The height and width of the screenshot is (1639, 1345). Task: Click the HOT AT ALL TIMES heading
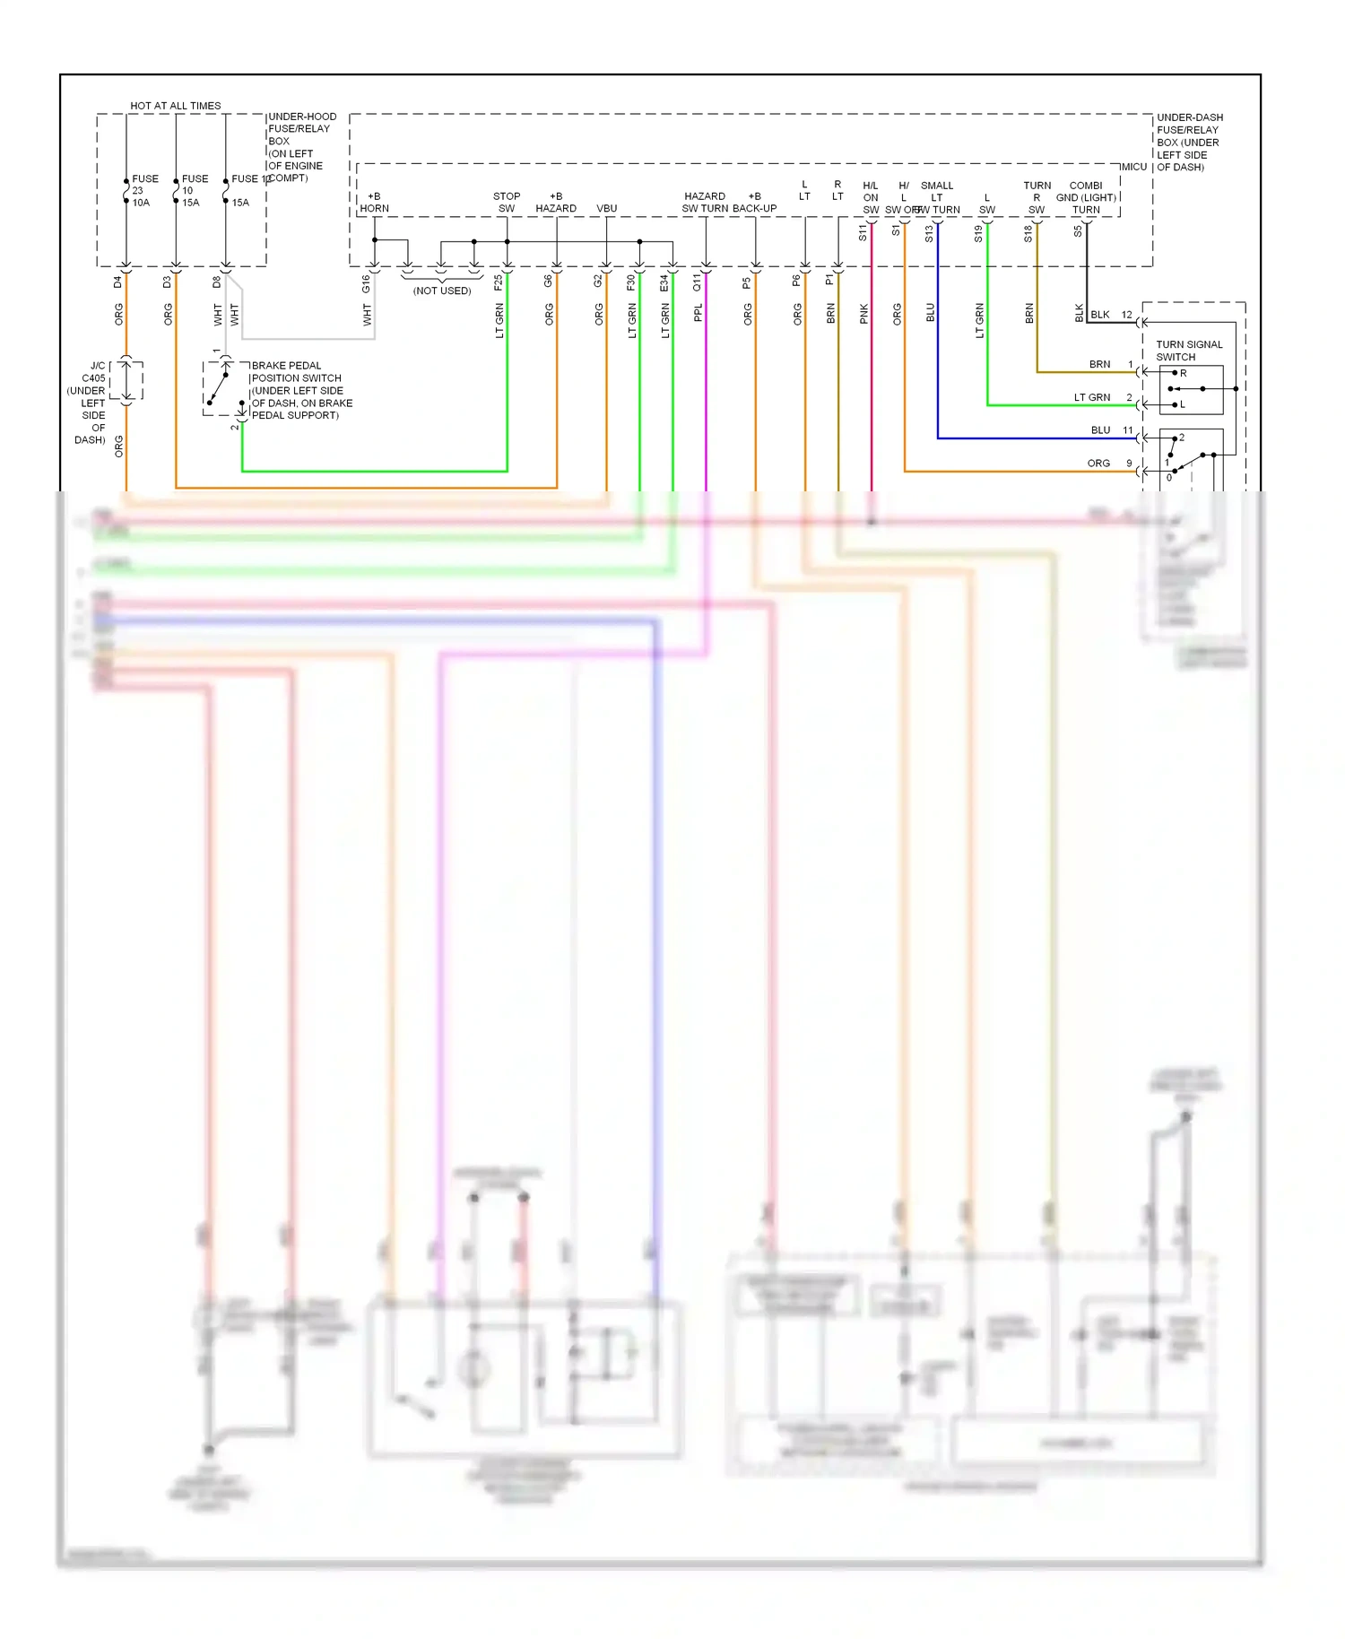pyautogui.click(x=175, y=106)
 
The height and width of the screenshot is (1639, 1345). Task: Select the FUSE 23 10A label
pyautogui.click(x=143, y=191)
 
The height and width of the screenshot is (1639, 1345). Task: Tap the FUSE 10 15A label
pyautogui.click(x=194, y=191)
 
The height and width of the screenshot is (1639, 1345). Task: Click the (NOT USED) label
pyautogui.click(x=442, y=291)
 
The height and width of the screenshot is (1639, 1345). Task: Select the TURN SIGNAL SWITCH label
pyautogui.click(x=1188, y=351)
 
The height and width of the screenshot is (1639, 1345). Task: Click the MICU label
pyautogui.click(x=1133, y=167)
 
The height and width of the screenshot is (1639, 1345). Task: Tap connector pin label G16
pyautogui.click(x=366, y=283)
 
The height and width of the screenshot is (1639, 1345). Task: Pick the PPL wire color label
pyautogui.click(x=698, y=313)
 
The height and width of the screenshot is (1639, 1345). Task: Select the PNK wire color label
pyautogui.click(x=863, y=313)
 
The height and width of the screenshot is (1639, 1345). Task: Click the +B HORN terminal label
pyautogui.click(x=374, y=203)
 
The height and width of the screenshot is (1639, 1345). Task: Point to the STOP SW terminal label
pyautogui.click(x=507, y=203)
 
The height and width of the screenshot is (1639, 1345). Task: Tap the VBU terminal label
pyautogui.click(x=606, y=208)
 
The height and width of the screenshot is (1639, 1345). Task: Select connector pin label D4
pyautogui.click(x=117, y=282)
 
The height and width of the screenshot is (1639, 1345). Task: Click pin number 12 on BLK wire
pyautogui.click(x=1126, y=315)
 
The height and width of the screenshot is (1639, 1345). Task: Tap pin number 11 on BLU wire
pyautogui.click(x=1127, y=430)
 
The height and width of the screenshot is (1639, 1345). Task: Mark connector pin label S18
pyautogui.click(x=1028, y=234)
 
